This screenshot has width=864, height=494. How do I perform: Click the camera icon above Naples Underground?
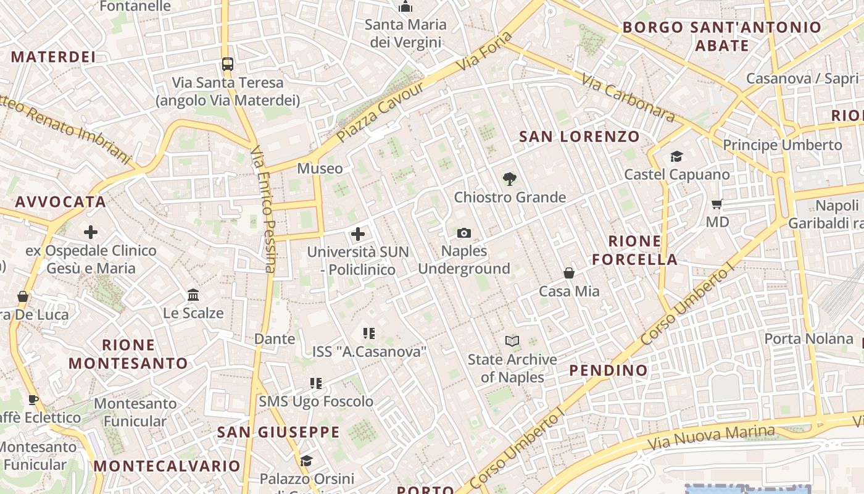coord(464,233)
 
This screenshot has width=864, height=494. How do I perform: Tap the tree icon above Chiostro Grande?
coord(509,179)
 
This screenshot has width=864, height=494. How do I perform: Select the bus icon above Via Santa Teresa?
coord(228,64)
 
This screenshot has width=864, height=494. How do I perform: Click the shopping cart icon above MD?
coord(717,204)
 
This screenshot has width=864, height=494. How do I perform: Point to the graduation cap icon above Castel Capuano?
coord(676,156)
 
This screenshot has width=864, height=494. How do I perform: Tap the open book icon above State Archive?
coord(512,341)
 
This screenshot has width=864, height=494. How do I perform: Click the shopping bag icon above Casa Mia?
coord(569,272)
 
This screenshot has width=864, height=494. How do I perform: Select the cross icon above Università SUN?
coord(358,234)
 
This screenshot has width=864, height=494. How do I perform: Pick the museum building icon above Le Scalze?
coord(193,295)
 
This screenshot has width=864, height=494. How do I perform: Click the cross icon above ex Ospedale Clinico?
coord(91,232)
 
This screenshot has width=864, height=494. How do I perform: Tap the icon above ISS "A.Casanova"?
coord(369,333)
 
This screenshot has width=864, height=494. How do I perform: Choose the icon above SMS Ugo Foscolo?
coord(316,383)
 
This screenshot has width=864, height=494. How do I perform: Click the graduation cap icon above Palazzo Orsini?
coord(306,461)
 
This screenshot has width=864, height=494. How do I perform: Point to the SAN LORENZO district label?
coord(579,136)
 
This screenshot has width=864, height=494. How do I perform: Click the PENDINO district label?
coord(609,371)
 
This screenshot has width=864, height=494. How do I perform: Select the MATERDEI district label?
coord(53,57)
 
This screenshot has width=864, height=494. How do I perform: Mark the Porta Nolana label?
coord(808,338)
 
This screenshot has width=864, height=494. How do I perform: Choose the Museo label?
coord(320,168)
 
